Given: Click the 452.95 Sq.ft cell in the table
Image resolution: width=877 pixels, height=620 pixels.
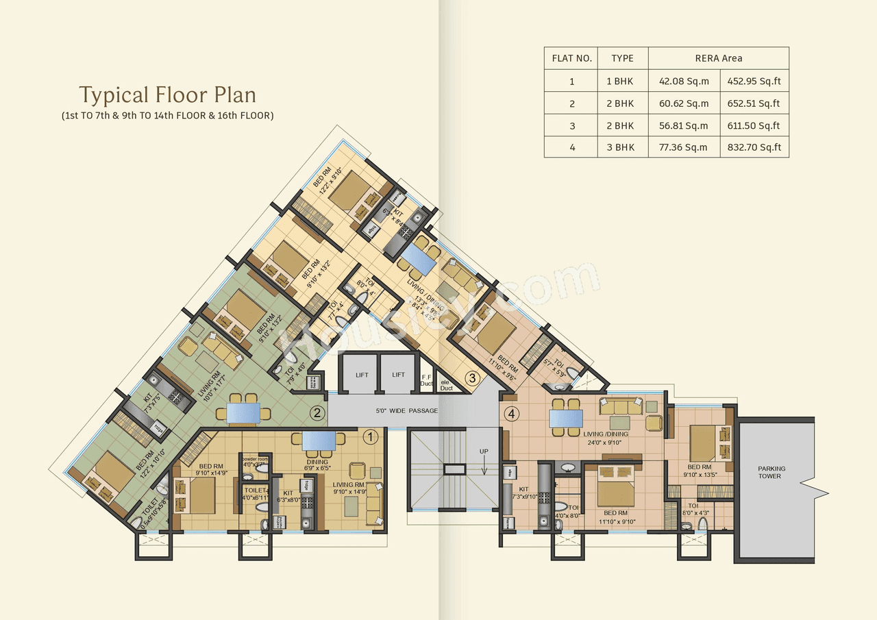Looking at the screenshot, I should pyautogui.click(x=754, y=82).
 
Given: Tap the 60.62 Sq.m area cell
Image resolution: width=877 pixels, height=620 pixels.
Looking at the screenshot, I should pyautogui.click(x=684, y=103).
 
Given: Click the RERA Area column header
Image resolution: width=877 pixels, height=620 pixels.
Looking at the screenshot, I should pyautogui.click(x=718, y=58).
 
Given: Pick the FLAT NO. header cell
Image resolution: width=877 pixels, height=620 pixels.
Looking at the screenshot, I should pyautogui.click(x=571, y=58).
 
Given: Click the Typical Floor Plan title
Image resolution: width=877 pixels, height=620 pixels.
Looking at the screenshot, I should pyautogui.click(x=167, y=95).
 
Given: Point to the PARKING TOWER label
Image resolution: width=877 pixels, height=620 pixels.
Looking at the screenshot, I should pyautogui.click(x=771, y=473).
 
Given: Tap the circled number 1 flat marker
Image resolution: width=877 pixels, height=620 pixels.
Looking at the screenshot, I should pyautogui.click(x=369, y=435).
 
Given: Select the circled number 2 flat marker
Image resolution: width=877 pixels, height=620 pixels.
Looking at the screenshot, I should pyautogui.click(x=316, y=413).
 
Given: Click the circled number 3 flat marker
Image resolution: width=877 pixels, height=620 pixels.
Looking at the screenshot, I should pyautogui.click(x=471, y=377).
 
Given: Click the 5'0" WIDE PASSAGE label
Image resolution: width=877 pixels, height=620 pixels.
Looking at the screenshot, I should pyautogui.click(x=406, y=411).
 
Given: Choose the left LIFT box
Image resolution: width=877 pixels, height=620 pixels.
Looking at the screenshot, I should pyautogui.click(x=361, y=375).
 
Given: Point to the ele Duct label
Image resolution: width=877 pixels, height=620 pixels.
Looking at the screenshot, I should pyautogui.click(x=446, y=385).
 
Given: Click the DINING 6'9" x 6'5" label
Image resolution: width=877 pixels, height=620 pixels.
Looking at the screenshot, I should pyautogui.click(x=317, y=465).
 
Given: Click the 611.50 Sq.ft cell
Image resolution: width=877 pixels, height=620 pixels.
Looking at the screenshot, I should pyautogui.click(x=754, y=125).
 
